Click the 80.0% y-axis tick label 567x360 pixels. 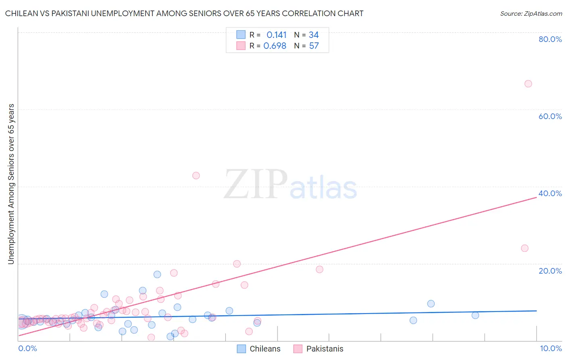550,39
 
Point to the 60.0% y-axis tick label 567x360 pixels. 550,116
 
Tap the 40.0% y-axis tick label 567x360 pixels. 550,193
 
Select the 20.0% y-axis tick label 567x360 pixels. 550,271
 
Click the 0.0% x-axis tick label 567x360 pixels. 27,348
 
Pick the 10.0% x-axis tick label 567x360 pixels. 550,348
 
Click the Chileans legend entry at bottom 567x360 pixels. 258,349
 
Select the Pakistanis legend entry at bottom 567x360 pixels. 318,349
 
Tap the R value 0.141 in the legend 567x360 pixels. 276,35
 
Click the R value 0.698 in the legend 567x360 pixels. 275,46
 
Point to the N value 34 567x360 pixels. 314,35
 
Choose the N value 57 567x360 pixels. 314,46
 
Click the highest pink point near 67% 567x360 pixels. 528,84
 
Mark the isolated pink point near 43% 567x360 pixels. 196,176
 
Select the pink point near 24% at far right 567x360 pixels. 525,248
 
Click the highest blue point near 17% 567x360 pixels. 157,274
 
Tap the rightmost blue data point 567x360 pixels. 475,315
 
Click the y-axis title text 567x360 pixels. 11,184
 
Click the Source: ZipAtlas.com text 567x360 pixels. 531,14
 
